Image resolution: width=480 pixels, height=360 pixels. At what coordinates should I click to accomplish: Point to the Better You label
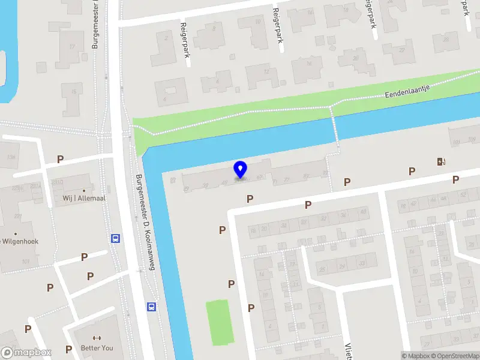click(96, 348)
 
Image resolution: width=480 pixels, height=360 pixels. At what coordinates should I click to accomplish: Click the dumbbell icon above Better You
click(96, 337)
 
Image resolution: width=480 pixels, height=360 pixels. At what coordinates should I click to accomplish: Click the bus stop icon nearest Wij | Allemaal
click(115, 238)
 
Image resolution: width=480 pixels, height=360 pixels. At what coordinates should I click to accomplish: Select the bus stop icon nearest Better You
click(151, 307)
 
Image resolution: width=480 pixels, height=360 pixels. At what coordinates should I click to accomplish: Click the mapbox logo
click(26, 353)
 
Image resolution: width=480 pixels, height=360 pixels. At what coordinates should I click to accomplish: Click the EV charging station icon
click(442, 161)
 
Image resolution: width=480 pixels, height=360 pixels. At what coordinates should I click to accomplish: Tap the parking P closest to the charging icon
click(412, 172)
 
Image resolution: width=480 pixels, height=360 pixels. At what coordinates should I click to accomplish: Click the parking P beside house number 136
click(60, 159)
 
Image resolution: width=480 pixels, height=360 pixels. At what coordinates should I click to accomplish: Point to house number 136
click(11, 157)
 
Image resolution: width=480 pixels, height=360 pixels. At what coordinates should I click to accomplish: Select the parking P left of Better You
click(69, 349)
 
